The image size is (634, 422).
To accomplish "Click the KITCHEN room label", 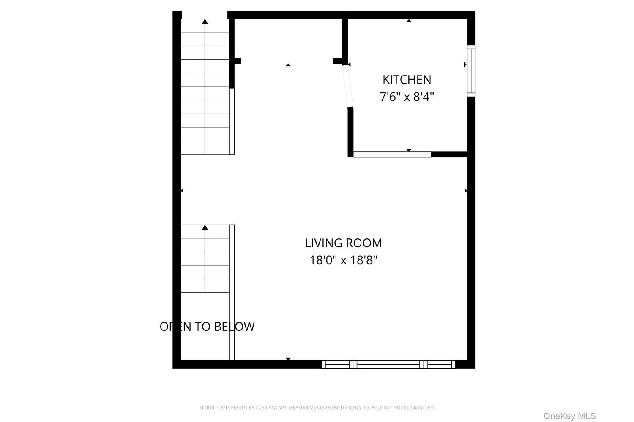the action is point(407,80).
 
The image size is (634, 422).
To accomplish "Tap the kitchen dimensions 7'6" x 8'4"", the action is point(407,97).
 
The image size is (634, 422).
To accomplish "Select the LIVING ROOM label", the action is point(343,243).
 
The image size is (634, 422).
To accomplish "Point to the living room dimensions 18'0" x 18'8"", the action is point(343,260).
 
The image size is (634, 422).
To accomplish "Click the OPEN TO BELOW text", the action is point(207,327).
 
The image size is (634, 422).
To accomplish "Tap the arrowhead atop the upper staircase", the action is point(205,22).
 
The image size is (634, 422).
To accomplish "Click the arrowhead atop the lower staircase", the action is point(205,227).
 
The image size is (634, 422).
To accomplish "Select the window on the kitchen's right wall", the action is point(471,71).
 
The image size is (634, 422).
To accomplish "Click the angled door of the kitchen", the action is point(348,86).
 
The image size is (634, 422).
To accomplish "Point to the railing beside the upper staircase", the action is point(232,122).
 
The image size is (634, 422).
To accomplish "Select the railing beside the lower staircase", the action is point(232,292).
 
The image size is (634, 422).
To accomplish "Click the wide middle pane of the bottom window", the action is point(388,365).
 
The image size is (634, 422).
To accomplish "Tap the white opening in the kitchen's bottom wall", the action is point(392,154).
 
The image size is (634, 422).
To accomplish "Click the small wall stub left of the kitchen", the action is point(338,61).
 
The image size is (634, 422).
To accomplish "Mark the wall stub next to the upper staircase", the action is point(238,61).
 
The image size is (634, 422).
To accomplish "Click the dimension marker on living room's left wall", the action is point(182,191).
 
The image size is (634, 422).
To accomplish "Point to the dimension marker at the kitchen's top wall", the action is point(409,21).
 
